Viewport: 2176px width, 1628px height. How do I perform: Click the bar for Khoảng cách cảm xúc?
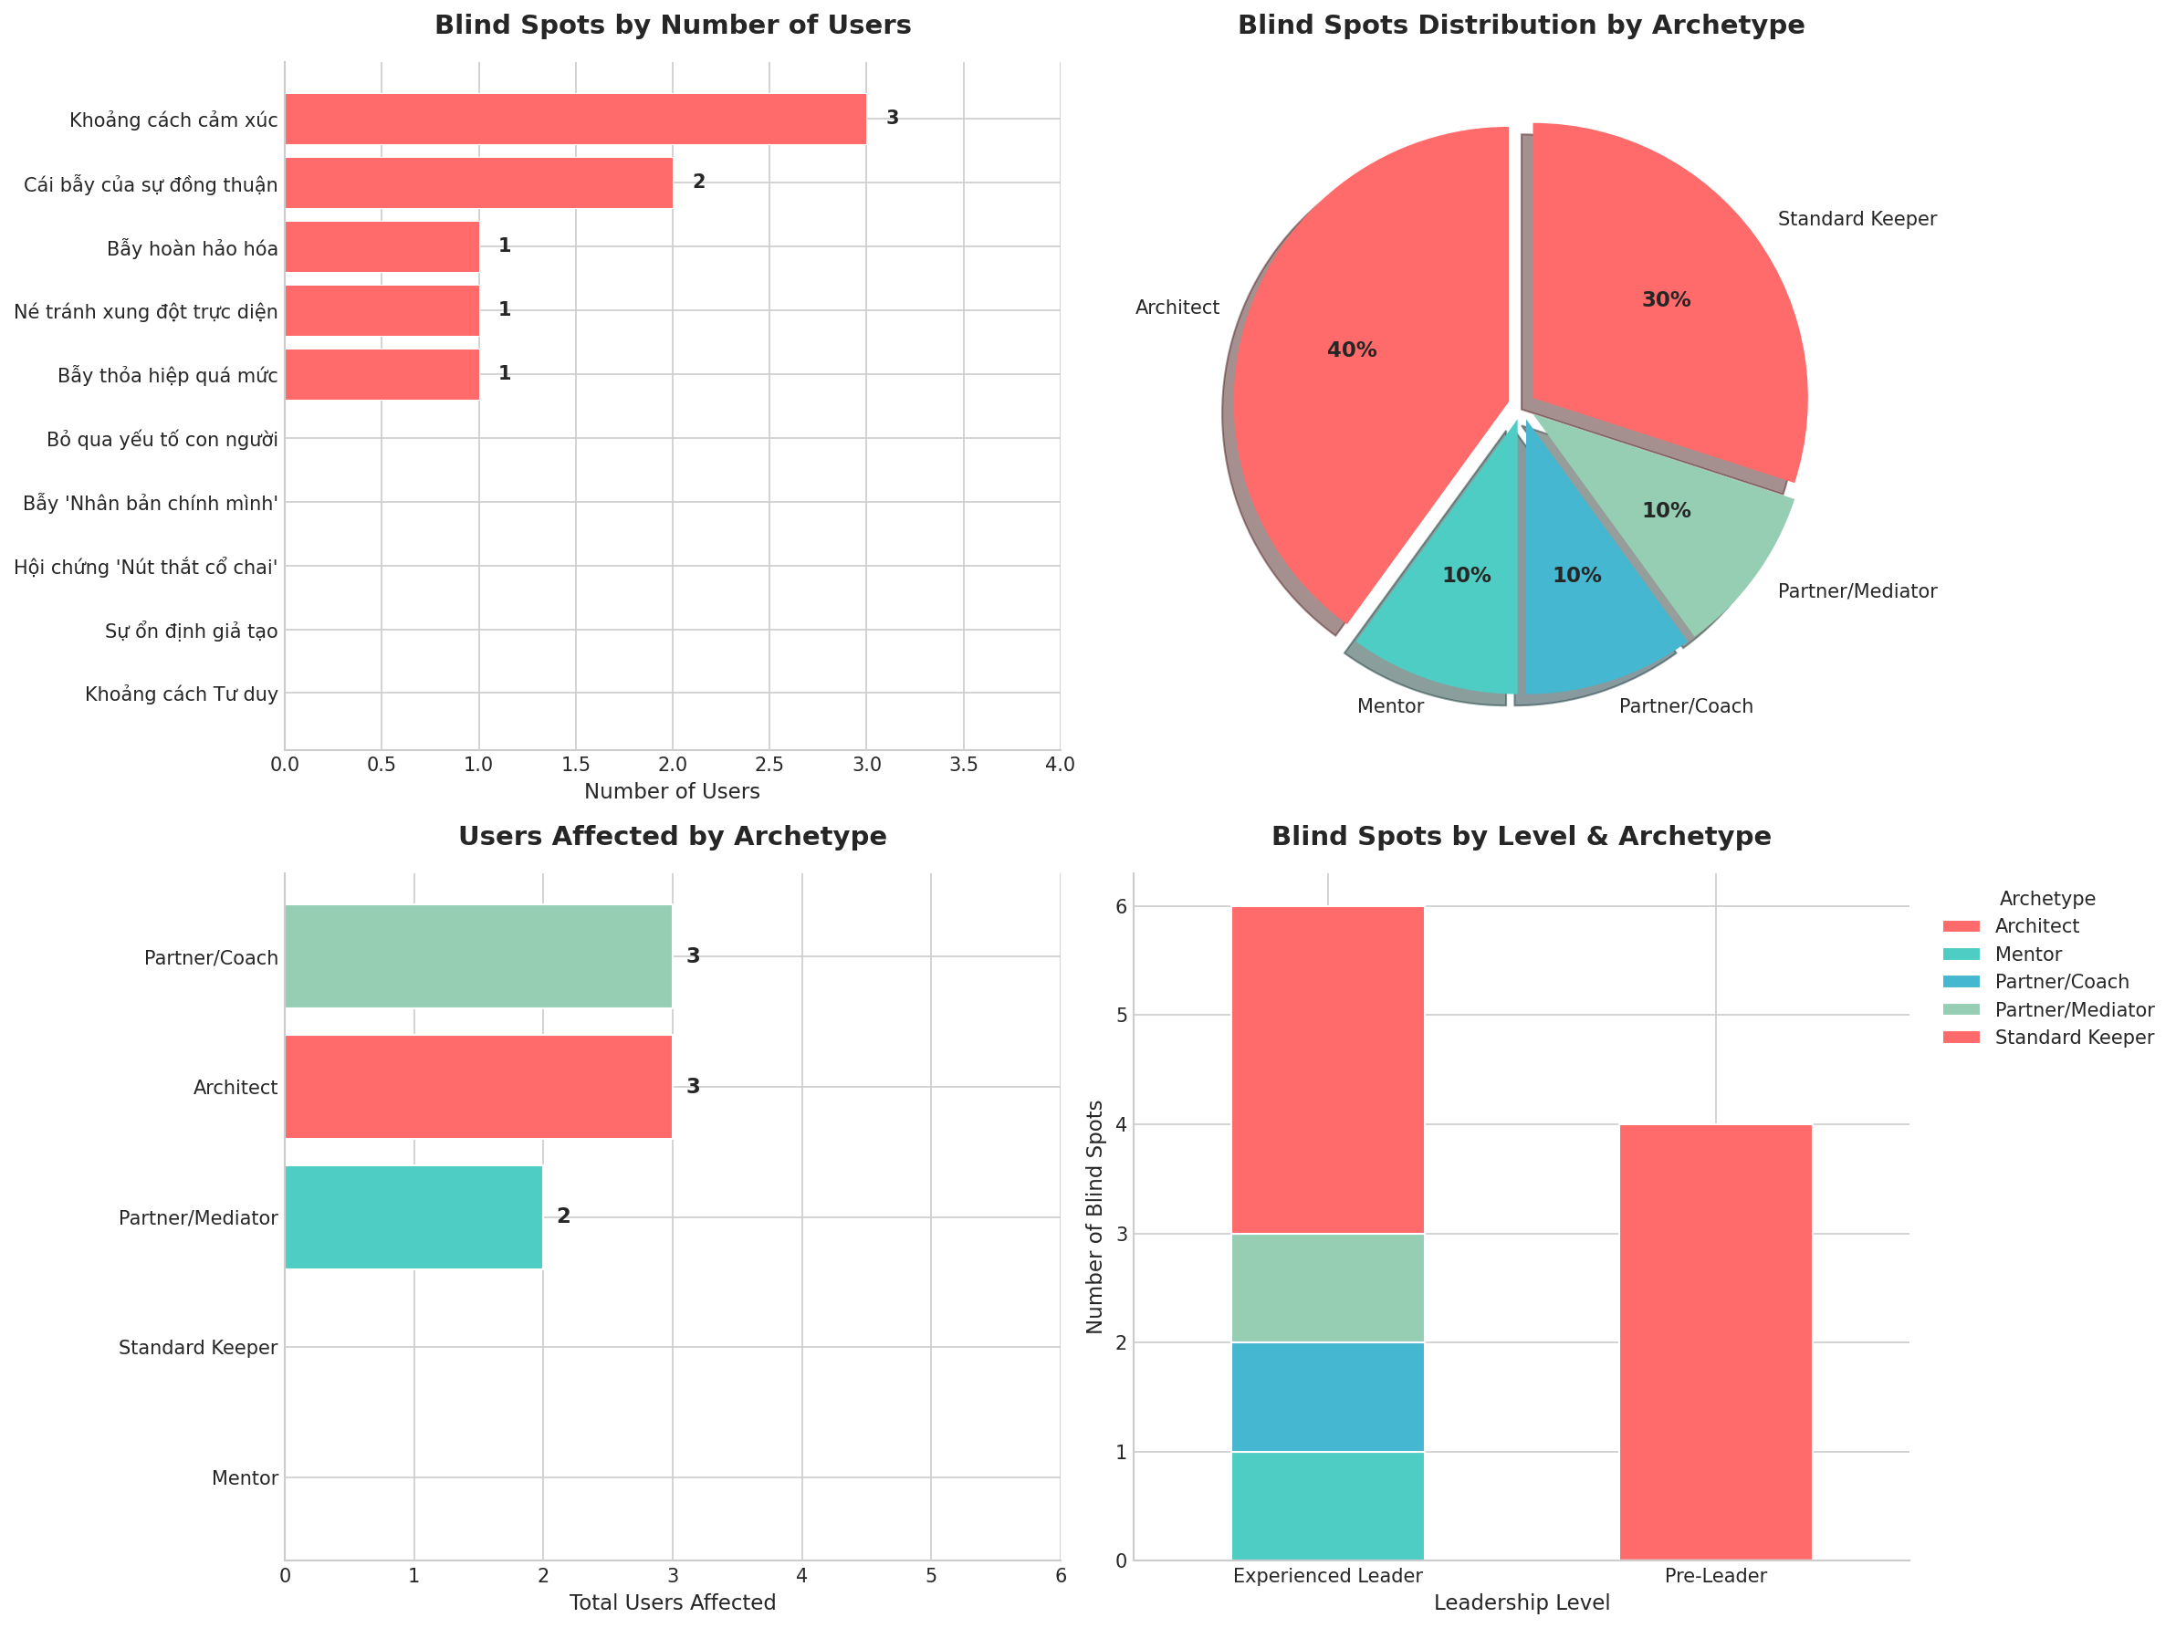pyautogui.click(x=575, y=119)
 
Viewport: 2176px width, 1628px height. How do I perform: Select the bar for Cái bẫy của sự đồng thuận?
pyautogui.click(x=478, y=183)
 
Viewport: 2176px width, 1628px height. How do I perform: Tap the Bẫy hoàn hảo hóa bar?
pyautogui.click(x=382, y=247)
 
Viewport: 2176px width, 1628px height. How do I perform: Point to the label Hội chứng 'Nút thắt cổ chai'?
pyautogui.click(x=146, y=568)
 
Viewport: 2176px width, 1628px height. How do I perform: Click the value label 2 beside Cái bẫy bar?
pyautogui.click(x=698, y=182)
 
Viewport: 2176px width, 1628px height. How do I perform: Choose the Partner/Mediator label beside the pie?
pyautogui.click(x=1857, y=591)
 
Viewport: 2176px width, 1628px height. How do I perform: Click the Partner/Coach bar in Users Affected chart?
pyautogui.click(x=478, y=956)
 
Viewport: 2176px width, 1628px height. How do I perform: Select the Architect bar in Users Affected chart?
pyautogui.click(x=478, y=1087)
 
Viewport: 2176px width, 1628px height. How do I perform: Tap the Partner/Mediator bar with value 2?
pyautogui.click(x=413, y=1217)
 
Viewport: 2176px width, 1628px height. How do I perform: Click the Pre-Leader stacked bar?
pyautogui.click(x=1716, y=1341)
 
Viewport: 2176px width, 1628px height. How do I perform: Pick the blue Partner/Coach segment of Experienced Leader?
pyautogui.click(x=1327, y=1397)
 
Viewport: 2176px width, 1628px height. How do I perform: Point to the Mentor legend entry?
pyautogui.click(x=2027, y=955)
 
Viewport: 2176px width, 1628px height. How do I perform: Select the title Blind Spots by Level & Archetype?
pyautogui.click(x=1521, y=836)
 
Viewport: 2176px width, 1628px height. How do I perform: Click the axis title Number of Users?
pyautogui.click(x=672, y=792)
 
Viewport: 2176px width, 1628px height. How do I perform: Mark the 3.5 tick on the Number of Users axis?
pyautogui.click(x=963, y=765)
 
